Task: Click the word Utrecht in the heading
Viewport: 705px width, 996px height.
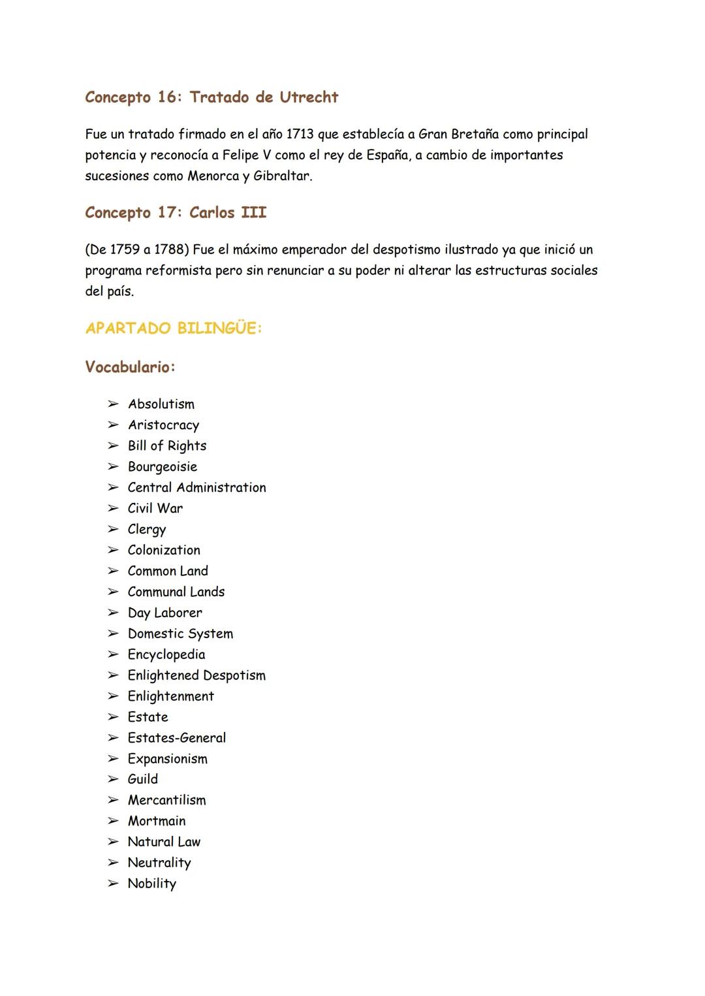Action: pyautogui.click(x=309, y=97)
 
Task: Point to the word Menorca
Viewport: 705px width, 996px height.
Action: pyautogui.click(x=213, y=176)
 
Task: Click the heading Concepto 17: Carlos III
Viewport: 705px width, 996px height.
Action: pyautogui.click(x=176, y=213)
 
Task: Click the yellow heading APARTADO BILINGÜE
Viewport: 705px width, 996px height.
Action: pyautogui.click(x=174, y=329)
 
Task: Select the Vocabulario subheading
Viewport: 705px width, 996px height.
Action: pyautogui.click(x=130, y=367)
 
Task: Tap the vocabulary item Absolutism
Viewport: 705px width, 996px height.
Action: pyautogui.click(x=161, y=404)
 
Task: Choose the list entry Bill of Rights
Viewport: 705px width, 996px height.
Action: pyautogui.click(x=167, y=446)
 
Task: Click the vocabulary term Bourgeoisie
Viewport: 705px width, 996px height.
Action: pyautogui.click(x=163, y=467)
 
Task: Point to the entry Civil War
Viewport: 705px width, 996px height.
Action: pyautogui.click(x=155, y=509)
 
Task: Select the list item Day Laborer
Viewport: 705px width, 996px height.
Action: pyautogui.click(x=165, y=613)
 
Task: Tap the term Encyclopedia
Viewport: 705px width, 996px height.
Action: pyautogui.click(x=166, y=655)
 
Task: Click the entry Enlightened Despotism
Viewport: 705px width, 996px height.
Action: pyautogui.click(x=196, y=676)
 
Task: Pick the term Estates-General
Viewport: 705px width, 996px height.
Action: pyautogui.click(x=177, y=738)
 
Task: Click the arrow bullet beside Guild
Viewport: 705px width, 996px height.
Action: pyautogui.click(x=114, y=779)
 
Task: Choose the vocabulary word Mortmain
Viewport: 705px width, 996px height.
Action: pyautogui.click(x=157, y=822)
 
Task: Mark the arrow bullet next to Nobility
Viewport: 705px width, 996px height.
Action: pyautogui.click(x=114, y=884)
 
